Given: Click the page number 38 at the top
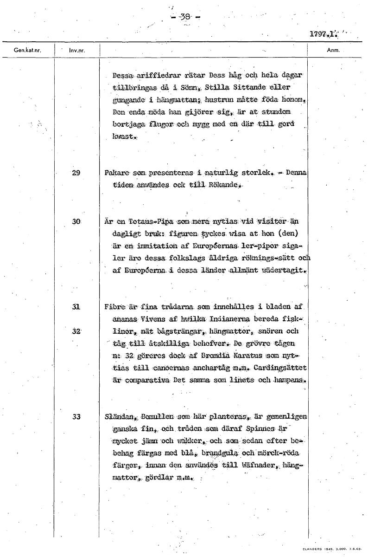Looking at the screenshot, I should point(185,17).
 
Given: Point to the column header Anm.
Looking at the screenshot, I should point(333,50).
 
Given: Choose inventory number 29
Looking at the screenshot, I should point(76,173).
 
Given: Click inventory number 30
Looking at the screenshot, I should point(76,221).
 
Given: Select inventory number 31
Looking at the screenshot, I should point(76,307).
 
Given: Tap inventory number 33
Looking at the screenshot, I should point(76,416).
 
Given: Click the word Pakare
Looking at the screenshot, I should point(117,173).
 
